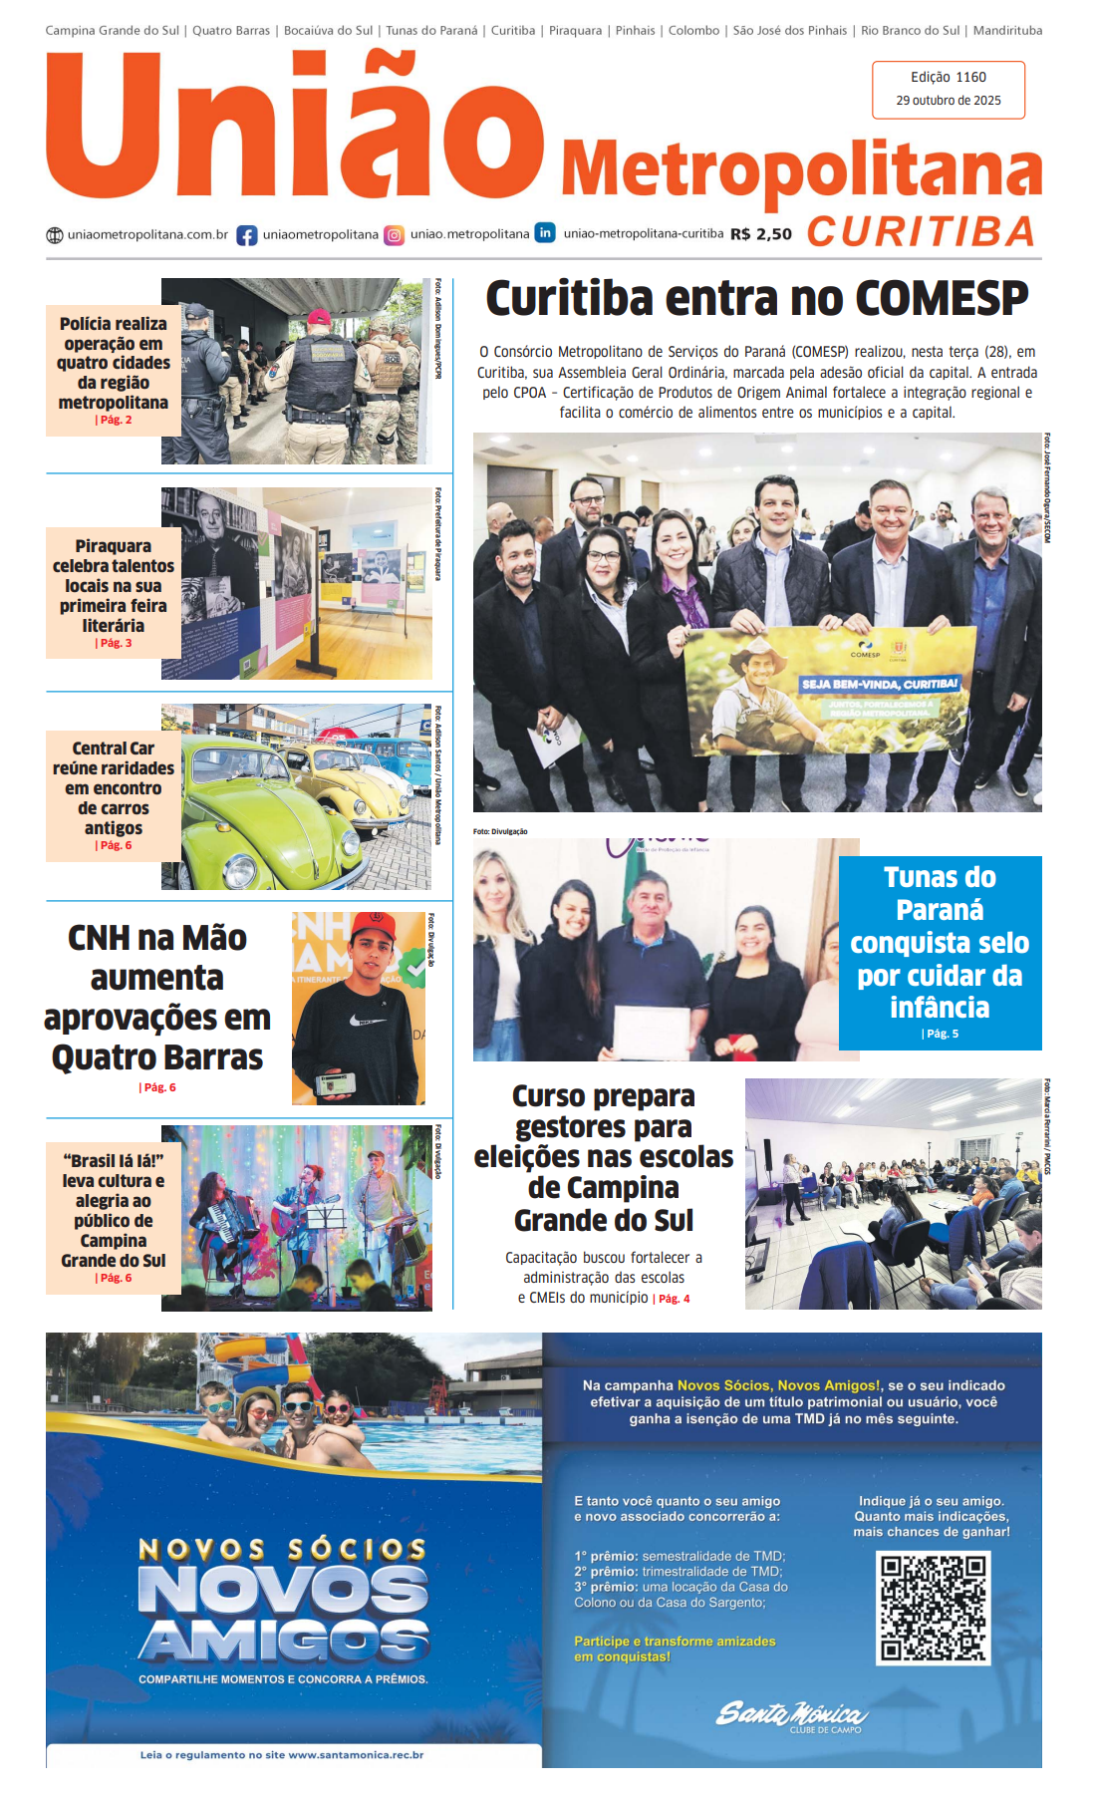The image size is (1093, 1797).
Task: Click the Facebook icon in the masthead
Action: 246,235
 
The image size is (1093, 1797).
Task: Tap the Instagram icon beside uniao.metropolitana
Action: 395,235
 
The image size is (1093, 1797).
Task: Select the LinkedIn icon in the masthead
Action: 545,232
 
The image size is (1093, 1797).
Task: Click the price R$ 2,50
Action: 761,234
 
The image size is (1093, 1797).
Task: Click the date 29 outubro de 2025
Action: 949,101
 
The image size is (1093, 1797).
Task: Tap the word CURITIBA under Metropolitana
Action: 922,231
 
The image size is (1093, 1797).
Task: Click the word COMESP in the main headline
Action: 942,298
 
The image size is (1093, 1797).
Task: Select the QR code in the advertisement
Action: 933,1608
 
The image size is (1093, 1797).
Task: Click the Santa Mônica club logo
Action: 791,1714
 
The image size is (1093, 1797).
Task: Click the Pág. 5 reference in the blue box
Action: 941,1034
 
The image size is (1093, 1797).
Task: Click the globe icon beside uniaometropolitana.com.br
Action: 55,235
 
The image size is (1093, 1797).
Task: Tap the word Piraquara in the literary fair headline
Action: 113,546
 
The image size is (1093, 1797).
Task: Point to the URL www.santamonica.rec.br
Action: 356,1755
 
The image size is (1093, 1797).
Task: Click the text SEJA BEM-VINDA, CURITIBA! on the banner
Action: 879,685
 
